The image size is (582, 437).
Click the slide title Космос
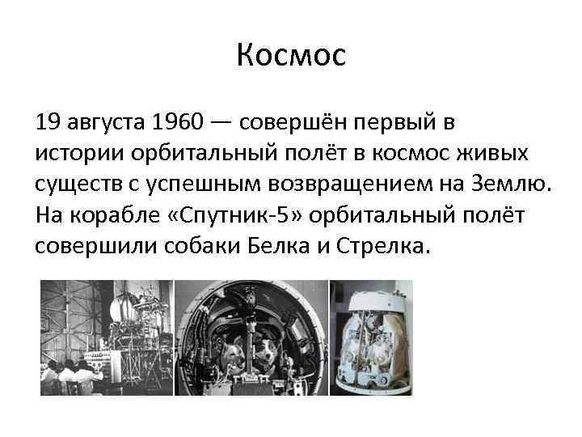[291, 55]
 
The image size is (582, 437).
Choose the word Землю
[515, 184]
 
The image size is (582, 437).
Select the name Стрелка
[385, 246]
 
